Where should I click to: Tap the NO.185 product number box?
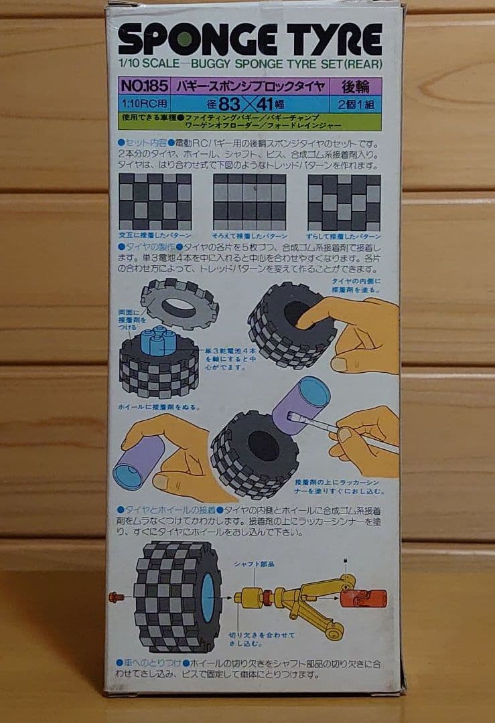coord(141,86)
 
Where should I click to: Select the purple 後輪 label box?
coord(352,86)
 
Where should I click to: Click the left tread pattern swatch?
coord(155,202)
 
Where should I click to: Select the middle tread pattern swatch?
coord(249,202)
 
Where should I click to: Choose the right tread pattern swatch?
coord(344,202)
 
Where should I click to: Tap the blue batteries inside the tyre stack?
coord(159,341)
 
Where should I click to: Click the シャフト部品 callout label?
coord(255,564)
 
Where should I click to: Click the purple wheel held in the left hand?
coord(140,461)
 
